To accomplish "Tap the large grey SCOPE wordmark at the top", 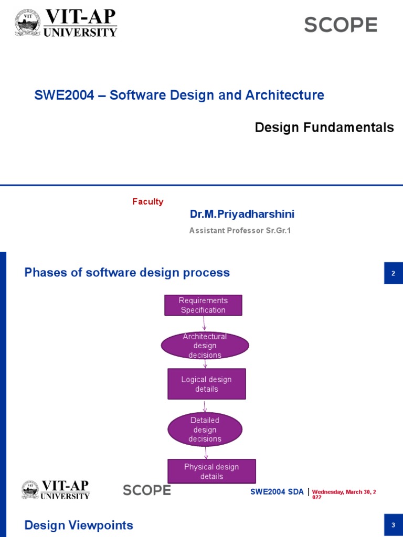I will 341,25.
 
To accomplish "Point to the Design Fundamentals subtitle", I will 324,127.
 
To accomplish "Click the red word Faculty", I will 147,202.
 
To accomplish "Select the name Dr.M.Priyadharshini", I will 242,214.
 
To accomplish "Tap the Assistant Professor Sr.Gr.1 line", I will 240,231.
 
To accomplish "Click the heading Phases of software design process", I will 127,273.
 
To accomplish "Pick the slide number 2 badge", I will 393,273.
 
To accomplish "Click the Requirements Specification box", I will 203,305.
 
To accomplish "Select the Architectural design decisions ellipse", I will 205,346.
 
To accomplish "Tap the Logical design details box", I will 206,384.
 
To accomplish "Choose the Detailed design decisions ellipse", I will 205,429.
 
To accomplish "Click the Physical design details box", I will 211,471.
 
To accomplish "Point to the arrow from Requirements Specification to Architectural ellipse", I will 204,324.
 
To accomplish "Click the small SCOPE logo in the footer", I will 147,490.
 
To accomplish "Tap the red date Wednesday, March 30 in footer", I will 344,493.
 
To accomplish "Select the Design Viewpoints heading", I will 79,525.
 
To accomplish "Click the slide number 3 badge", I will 393,525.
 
